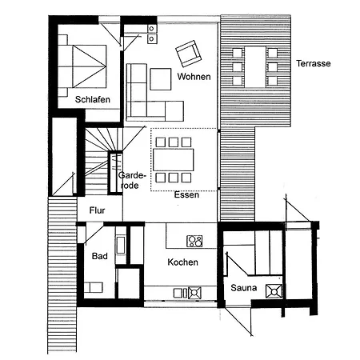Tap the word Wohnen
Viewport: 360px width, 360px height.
[x=194, y=78]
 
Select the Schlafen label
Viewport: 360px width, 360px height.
[x=92, y=100]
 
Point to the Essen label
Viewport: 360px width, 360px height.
[x=186, y=194]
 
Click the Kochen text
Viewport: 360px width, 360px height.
[x=182, y=262]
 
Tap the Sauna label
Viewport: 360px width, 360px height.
[x=243, y=286]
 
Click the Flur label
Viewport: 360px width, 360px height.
[x=97, y=210]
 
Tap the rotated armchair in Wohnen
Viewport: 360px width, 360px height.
[x=188, y=54]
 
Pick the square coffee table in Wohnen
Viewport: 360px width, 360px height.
[x=160, y=78]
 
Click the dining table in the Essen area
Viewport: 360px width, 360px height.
[x=173, y=159]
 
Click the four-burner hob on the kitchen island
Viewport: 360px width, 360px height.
[x=194, y=240]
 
